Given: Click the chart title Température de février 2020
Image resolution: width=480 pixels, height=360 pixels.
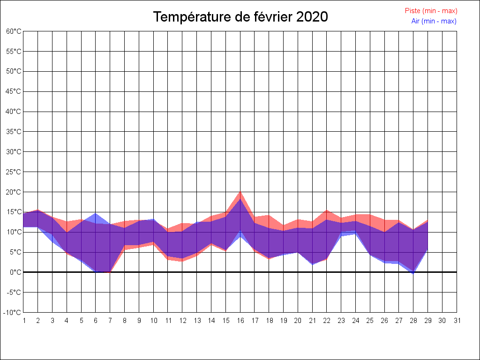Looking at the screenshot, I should pyautogui.click(x=240, y=17).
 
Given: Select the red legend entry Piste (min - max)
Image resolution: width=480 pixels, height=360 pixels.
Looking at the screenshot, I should pyautogui.click(x=431, y=11).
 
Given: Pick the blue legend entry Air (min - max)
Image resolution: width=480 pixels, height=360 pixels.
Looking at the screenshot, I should pyautogui.click(x=434, y=21).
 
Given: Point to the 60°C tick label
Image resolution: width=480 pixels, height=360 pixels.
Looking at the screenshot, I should pyautogui.click(x=14, y=31).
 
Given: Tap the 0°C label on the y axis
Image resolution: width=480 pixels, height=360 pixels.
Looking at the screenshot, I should pyautogui.click(x=15, y=272).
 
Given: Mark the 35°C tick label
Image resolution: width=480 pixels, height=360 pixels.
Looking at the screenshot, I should pyautogui.click(x=14, y=132).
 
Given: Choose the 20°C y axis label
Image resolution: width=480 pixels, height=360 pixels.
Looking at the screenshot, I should pyautogui.click(x=14, y=192).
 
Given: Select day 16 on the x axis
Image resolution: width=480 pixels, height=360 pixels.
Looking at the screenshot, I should pyautogui.click(x=240, y=321).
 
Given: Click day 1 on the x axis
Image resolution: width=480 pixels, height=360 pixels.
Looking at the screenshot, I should pyautogui.click(x=23, y=321).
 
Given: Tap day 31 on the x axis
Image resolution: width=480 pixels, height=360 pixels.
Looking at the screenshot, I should pyautogui.click(x=457, y=321).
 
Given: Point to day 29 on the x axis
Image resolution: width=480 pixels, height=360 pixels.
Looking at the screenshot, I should pyautogui.click(x=428, y=321).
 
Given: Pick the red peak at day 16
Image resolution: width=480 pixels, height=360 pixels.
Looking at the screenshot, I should pyautogui.click(x=240, y=192).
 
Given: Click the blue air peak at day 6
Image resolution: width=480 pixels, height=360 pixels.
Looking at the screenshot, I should pyautogui.click(x=96, y=214).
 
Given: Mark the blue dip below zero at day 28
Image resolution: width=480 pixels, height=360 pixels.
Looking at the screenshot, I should pyautogui.click(x=413, y=273).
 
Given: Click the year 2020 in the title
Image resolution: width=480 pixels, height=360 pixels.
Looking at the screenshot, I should pyautogui.click(x=312, y=17).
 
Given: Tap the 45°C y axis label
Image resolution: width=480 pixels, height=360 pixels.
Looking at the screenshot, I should pyautogui.click(x=14, y=91).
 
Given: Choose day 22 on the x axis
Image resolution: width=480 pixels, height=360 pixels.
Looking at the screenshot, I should pyautogui.click(x=327, y=321).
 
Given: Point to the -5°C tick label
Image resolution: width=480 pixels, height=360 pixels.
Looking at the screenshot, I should pyautogui.click(x=14, y=292).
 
